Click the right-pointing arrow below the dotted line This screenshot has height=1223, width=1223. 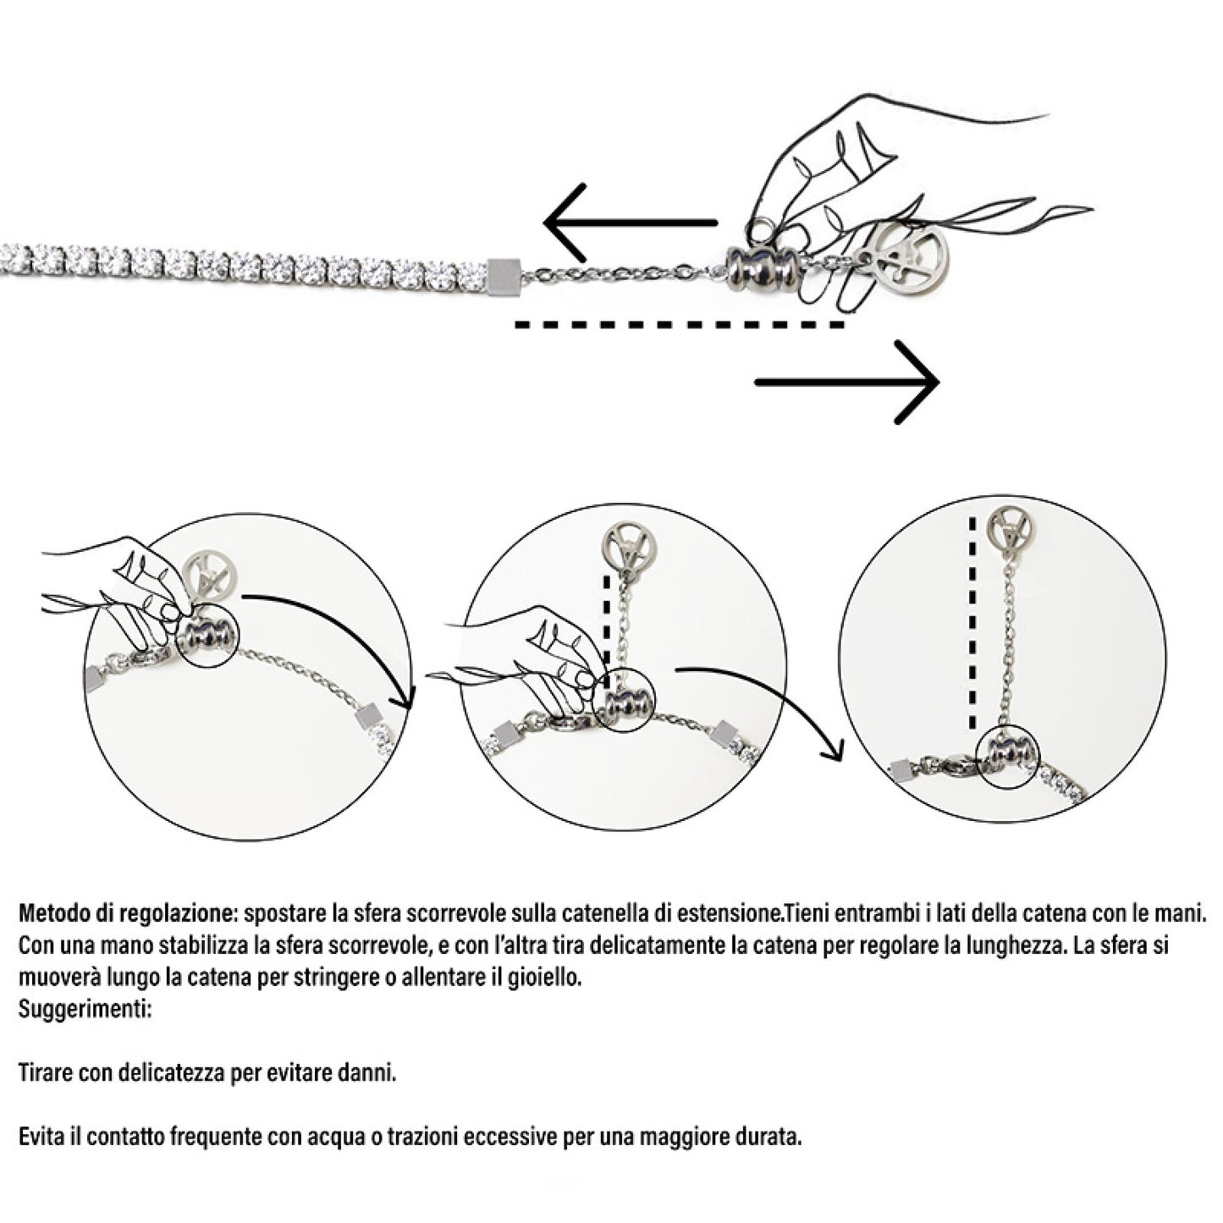(x=846, y=382)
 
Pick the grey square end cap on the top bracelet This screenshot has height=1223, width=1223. (x=503, y=273)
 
